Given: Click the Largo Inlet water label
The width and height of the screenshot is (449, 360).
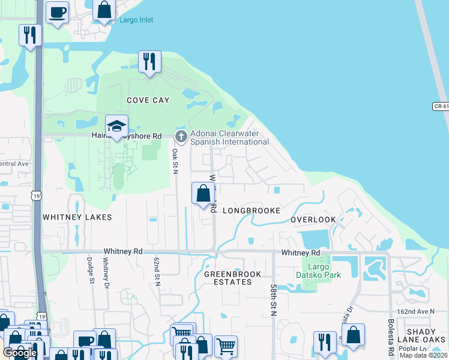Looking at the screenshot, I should tap(136, 20).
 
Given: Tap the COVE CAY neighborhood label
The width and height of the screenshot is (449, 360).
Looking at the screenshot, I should tap(148, 100).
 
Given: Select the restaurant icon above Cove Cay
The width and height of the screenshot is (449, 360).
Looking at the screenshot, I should tap(149, 62).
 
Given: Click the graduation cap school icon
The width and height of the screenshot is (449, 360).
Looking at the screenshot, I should tap(117, 126).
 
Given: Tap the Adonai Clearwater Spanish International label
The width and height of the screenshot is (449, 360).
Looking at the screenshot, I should tap(229, 137).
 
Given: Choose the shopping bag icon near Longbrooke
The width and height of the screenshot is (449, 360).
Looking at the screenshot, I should tap(203, 194).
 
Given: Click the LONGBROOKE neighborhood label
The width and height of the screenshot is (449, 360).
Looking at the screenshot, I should tap(252, 211).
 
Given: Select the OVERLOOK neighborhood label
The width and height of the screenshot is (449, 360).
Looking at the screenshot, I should tap(313, 220).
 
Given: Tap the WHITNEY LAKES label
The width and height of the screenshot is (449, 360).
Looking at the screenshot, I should tap(70, 215).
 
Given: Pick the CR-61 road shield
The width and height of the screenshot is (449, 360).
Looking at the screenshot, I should tap(440, 106).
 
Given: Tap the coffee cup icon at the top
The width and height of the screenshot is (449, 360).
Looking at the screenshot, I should tap(57, 13).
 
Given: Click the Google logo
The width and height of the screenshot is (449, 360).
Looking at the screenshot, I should tap(20, 352).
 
